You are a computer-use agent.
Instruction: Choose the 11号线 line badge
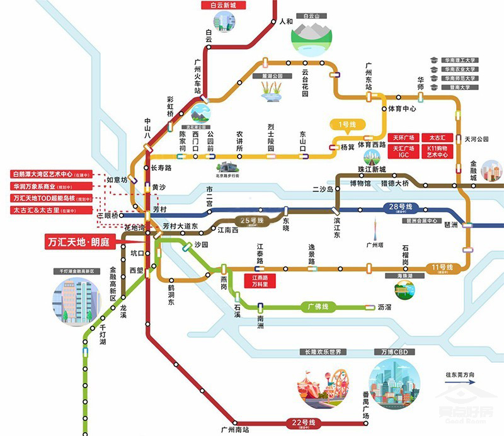(440, 268)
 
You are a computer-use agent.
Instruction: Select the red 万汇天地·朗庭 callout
(81, 242)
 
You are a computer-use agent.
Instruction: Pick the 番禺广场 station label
(365, 403)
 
